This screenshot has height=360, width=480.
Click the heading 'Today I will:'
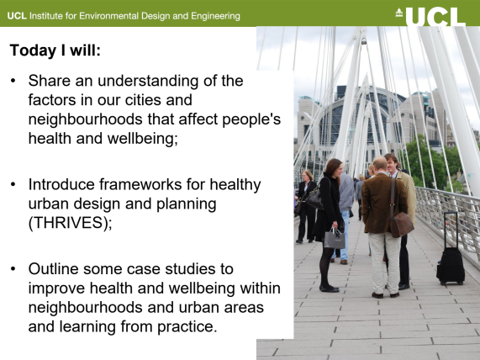pyautogui.click(x=55, y=50)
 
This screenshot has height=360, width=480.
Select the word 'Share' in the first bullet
pyautogui.click(x=50, y=81)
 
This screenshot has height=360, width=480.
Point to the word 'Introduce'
pyautogui.click(x=61, y=184)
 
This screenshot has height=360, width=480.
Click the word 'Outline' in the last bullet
pyautogui.click(x=54, y=269)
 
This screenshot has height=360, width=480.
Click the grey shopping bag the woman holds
pyautogui.click(x=335, y=238)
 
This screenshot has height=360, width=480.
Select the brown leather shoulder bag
pyautogui.click(x=401, y=225)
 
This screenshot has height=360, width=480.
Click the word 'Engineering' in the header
pyautogui.click(x=215, y=16)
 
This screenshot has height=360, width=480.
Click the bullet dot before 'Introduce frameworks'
pyautogui.click(x=13, y=184)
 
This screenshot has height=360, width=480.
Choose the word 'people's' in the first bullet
pyautogui.click(x=251, y=119)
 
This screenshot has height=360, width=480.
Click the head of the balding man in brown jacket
pyautogui.click(x=380, y=164)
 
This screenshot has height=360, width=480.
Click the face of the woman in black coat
pyautogui.click(x=337, y=169)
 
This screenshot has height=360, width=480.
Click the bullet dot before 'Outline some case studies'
pyautogui.click(x=13, y=269)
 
